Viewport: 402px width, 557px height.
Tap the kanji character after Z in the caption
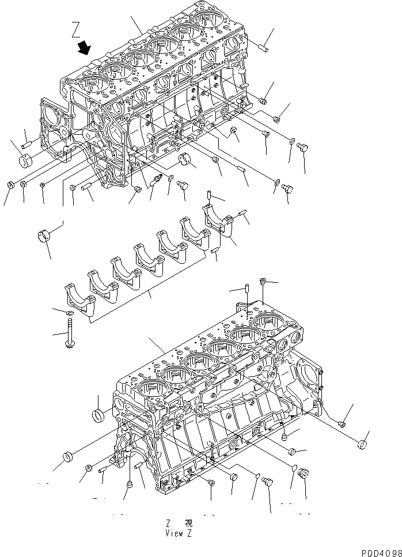pos(188,523)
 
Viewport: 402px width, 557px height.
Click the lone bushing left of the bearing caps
pos(45,236)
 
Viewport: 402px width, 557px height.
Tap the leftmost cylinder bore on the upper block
pos(92,84)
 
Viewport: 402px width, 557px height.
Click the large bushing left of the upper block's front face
pos(28,159)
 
